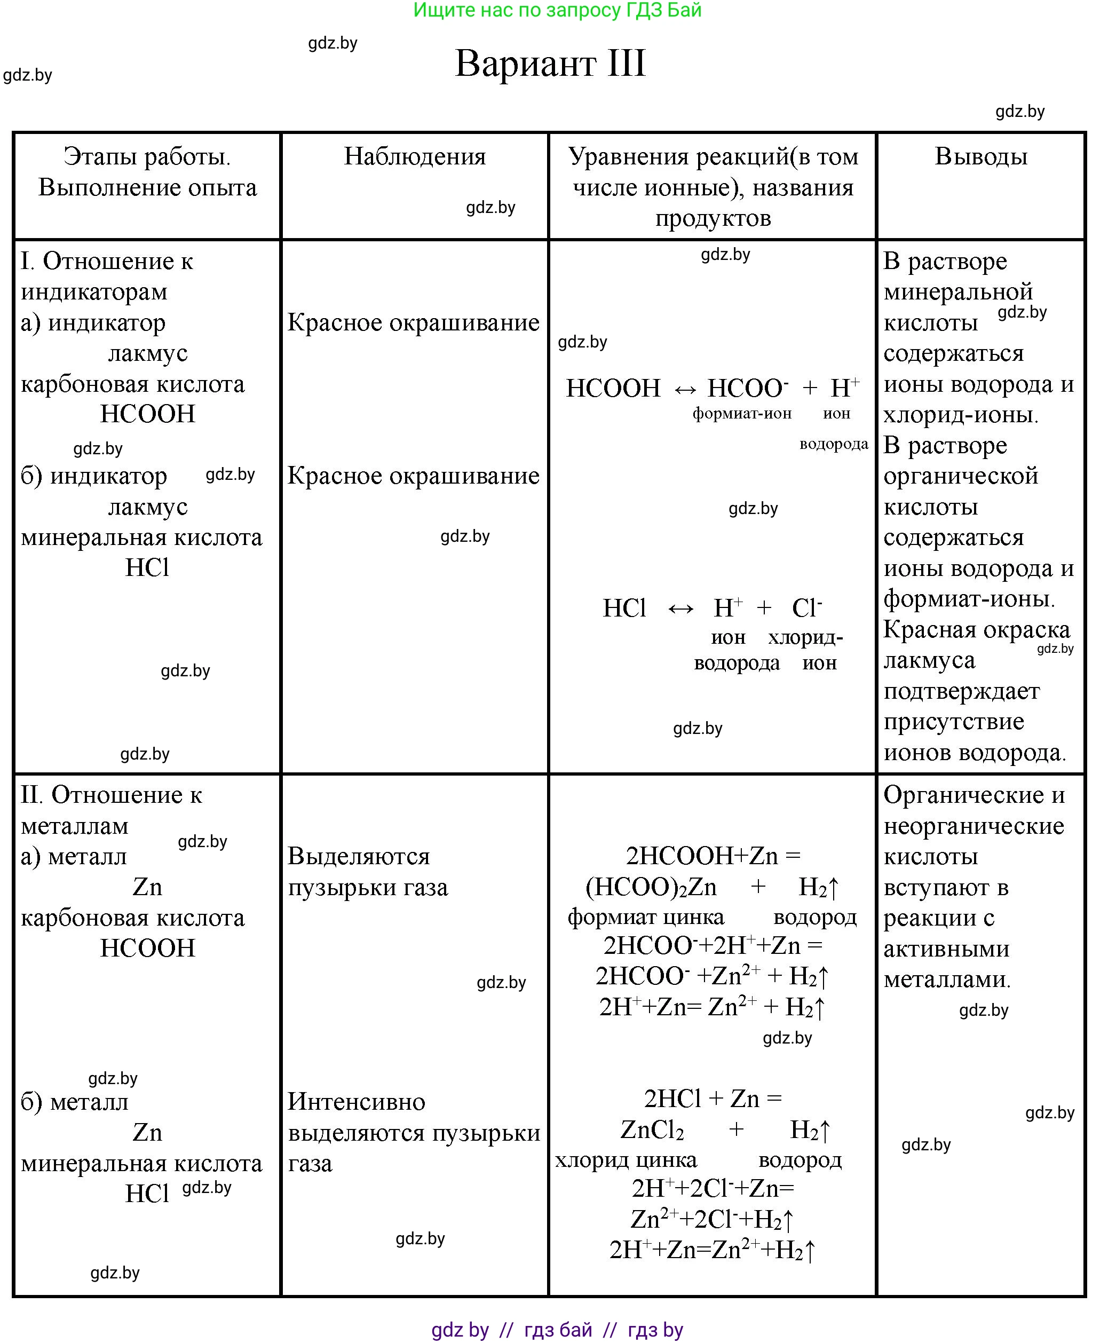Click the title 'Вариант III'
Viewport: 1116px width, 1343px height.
click(x=550, y=64)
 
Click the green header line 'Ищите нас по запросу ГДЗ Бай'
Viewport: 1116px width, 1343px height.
click(x=557, y=10)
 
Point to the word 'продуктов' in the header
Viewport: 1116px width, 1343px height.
click(x=713, y=218)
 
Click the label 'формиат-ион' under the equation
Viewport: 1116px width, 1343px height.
click(x=742, y=414)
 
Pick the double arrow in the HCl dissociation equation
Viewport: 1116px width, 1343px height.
click(x=680, y=608)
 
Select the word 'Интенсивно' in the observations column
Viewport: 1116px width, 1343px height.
click(x=356, y=1101)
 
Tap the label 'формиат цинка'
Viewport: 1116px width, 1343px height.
click(x=646, y=917)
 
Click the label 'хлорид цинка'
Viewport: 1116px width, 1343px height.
click(x=626, y=1160)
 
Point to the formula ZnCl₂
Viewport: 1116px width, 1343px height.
click(x=652, y=1130)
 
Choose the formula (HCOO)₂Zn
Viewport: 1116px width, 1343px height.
click(x=651, y=887)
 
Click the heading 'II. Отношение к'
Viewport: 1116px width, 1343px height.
click(x=112, y=795)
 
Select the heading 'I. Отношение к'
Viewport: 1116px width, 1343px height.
click(x=107, y=261)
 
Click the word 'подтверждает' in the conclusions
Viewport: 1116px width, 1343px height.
click(x=961, y=691)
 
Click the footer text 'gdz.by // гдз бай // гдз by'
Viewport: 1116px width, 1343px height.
click(x=557, y=1330)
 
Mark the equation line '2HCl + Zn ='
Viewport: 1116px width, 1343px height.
click(x=713, y=1099)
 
